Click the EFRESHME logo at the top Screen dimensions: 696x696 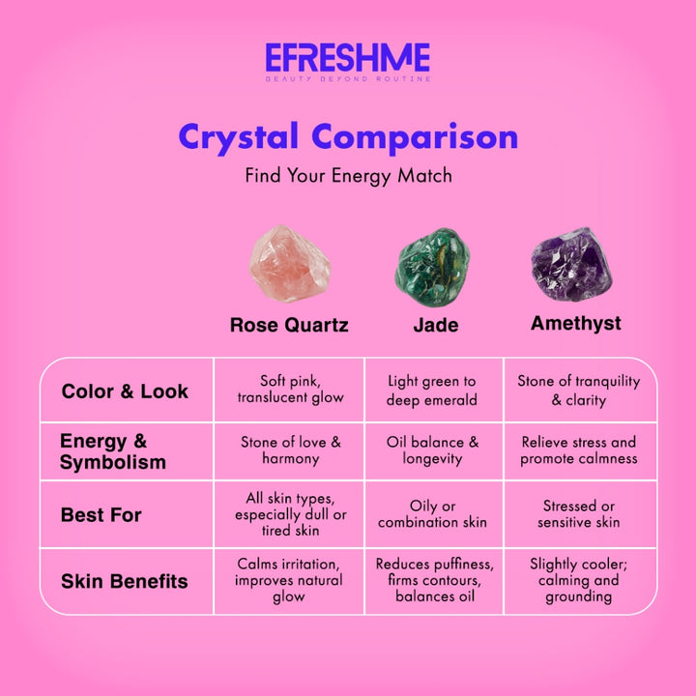(x=347, y=60)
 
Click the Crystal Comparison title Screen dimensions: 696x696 (x=348, y=136)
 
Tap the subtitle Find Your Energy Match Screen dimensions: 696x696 (x=348, y=176)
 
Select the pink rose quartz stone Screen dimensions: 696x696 (x=289, y=263)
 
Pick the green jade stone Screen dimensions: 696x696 (x=432, y=268)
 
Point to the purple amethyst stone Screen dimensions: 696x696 (x=571, y=263)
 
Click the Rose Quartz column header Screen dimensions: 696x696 (x=289, y=325)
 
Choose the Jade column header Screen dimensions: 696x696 (x=436, y=325)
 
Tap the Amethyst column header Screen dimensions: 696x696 (x=576, y=323)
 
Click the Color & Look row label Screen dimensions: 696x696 (x=125, y=391)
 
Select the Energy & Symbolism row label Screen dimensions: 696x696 (x=113, y=451)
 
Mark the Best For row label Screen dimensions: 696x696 (x=101, y=515)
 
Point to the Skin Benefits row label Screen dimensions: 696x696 (x=125, y=581)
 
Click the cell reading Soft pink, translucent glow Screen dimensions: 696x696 (x=290, y=390)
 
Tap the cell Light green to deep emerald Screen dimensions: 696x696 (x=432, y=391)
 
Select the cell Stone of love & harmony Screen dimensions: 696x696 (x=290, y=450)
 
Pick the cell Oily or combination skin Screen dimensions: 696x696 (x=432, y=514)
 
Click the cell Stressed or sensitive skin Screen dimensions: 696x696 (x=579, y=514)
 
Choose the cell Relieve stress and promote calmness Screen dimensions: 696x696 (x=579, y=450)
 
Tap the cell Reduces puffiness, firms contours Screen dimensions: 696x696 (x=434, y=580)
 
